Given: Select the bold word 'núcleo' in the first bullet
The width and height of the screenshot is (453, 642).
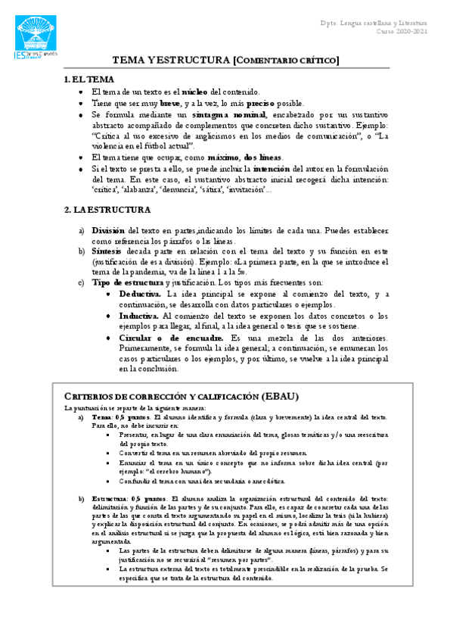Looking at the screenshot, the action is point(195,92).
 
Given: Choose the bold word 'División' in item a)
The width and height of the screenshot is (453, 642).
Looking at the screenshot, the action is point(108,230).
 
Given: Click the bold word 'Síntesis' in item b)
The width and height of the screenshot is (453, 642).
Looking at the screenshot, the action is point(106,251).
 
